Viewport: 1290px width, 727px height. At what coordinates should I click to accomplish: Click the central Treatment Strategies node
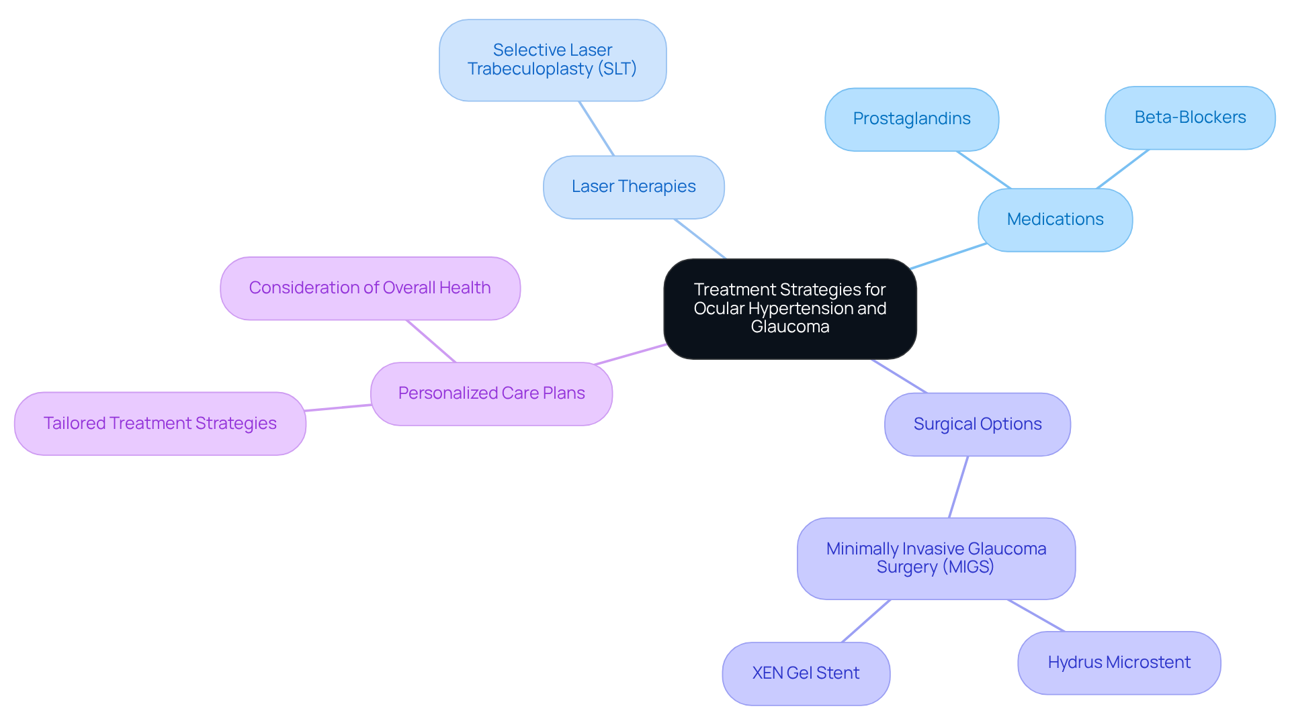[x=789, y=309]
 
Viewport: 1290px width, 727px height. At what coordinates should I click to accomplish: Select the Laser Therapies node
[x=634, y=187]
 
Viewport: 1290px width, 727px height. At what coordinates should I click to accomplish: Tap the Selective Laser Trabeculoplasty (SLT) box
[x=552, y=60]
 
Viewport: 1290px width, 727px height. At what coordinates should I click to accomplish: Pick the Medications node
[x=1055, y=220]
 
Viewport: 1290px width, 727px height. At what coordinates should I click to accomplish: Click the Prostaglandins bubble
[x=911, y=119]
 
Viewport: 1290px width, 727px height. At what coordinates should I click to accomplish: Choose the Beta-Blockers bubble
[x=1190, y=117]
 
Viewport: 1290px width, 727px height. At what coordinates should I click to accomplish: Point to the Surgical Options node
[x=977, y=424]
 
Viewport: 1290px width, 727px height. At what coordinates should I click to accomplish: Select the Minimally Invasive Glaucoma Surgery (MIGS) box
[x=936, y=558]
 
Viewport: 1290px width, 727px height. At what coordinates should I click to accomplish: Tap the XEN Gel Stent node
[x=806, y=673]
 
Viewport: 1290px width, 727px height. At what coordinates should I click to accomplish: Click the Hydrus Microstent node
[x=1119, y=663]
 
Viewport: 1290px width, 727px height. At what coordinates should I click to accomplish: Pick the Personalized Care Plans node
[x=491, y=393]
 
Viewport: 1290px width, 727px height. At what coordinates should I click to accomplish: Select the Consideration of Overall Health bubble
[x=370, y=288]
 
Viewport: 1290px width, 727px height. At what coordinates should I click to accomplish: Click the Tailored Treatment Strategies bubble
[x=160, y=424]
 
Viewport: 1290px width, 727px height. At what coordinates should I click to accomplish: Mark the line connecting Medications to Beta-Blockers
[x=1123, y=169]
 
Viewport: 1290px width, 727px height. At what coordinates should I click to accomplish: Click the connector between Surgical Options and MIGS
[x=958, y=487]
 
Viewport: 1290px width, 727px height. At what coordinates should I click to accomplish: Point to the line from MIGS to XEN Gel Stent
[x=866, y=621]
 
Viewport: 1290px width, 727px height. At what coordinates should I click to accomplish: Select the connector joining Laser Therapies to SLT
[x=597, y=129]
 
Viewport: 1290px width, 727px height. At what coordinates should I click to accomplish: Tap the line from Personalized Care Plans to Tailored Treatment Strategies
[x=338, y=407]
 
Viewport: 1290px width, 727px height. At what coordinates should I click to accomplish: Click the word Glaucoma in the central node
[x=789, y=327]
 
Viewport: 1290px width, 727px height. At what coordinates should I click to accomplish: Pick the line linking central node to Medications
[x=948, y=256]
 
